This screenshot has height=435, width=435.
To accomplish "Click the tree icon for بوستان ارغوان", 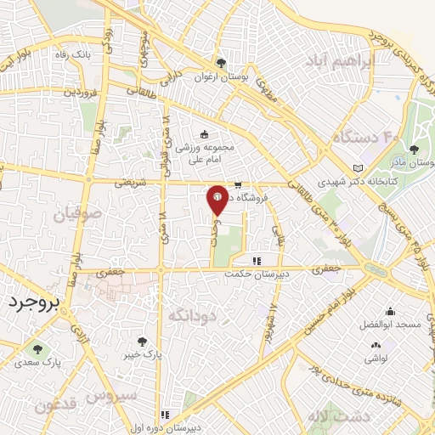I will (221, 63).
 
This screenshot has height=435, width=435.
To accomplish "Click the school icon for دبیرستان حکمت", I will (256, 261).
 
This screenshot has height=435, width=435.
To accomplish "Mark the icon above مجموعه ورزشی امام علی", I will (203, 133).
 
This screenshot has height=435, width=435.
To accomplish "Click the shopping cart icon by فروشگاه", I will (239, 184).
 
